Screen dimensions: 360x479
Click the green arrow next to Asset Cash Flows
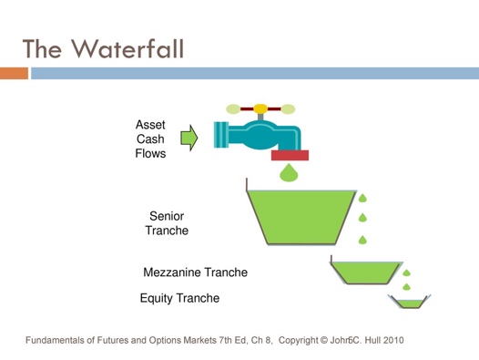point(189,139)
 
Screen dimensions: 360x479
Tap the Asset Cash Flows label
point(150,139)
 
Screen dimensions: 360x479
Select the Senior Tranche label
point(167,223)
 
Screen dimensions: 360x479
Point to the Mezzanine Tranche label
point(195,273)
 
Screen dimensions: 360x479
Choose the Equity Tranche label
point(179,298)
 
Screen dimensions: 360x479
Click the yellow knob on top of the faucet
point(260,109)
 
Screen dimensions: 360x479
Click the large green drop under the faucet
point(290,173)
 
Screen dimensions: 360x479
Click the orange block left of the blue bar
point(14,71)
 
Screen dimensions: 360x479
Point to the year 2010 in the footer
point(394,341)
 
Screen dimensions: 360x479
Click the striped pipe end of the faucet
point(220,136)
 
